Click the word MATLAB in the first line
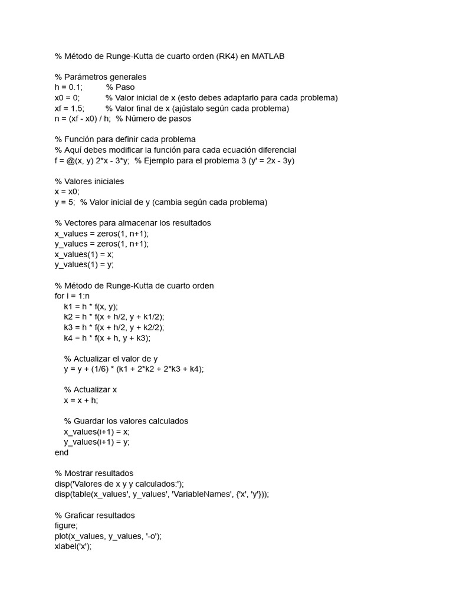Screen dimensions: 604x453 268,56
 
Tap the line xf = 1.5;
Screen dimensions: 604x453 70,108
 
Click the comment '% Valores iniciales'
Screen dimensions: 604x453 89,181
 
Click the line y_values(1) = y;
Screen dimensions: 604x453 84,265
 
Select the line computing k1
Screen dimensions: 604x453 91,307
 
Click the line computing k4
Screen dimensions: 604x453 107,338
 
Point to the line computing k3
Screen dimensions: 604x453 114,327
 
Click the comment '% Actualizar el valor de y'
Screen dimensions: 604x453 111,359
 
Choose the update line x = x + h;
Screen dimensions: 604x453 81,401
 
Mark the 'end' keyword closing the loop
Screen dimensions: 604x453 61,452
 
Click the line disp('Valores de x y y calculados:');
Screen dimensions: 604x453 119,484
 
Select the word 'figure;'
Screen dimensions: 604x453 66,526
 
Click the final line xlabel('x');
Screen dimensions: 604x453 73,547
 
